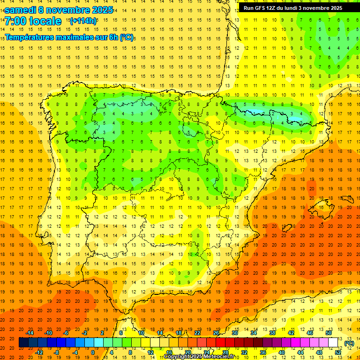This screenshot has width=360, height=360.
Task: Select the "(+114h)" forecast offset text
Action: [x=83, y=21]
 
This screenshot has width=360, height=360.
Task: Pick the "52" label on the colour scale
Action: [x=338, y=352]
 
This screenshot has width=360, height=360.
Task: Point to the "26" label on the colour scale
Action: [x=216, y=333]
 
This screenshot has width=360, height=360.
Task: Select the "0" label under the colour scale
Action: [x=93, y=352]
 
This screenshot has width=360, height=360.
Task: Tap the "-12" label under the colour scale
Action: [x=39, y=352]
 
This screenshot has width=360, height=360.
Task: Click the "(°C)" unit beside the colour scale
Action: [x=349, y=343]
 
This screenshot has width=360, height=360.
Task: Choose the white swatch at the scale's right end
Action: [x=333, y=343]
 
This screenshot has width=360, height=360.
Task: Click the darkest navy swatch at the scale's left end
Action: [x=23, y=343]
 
